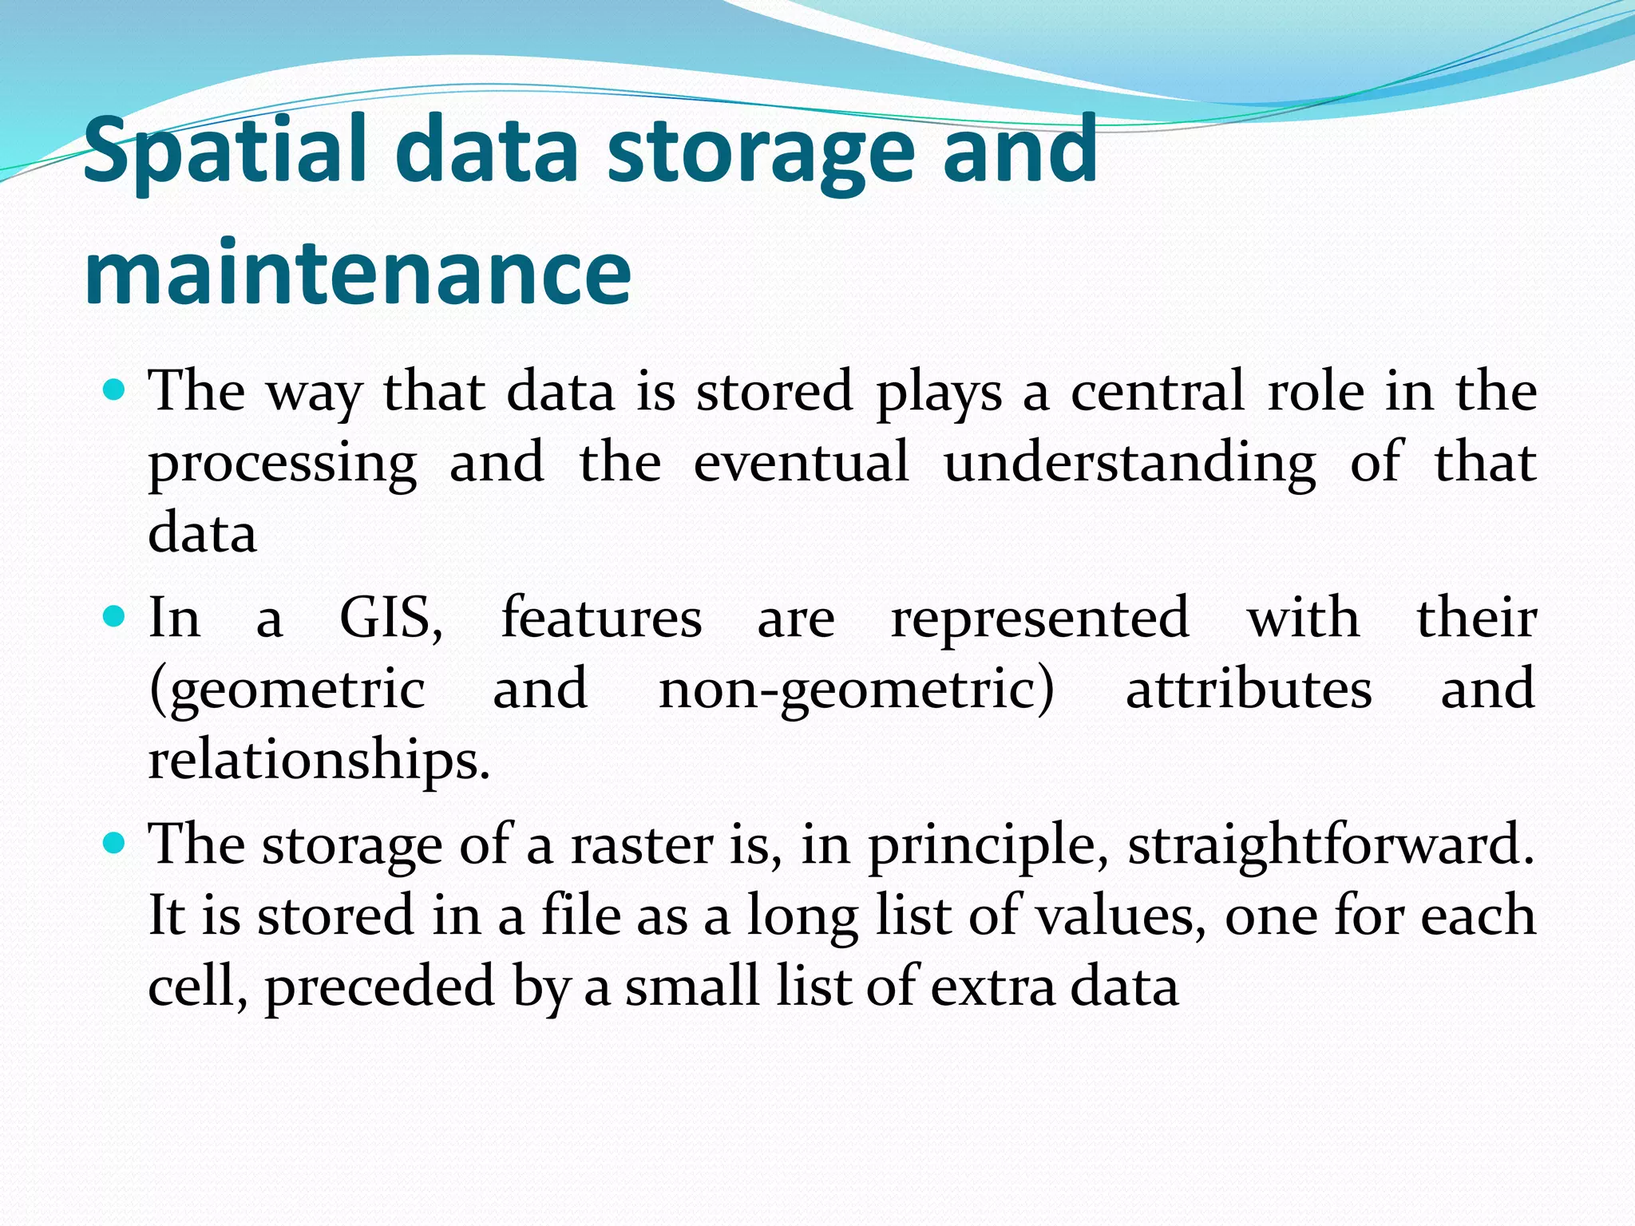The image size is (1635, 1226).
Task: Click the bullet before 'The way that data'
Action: pyautogui.click(x=115, y=390)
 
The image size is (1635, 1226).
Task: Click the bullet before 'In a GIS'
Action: pyautogui.click(x=115, y=617)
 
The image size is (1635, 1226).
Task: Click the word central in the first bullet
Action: pyautogui.click(x=1157, y=391)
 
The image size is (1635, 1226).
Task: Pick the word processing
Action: pyautogui.click(x=283, y=464)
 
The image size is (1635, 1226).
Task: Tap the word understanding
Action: pyautogui.click(x=1130, y=464)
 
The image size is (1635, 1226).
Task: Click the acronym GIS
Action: pyautogui.click(x=390, y=618)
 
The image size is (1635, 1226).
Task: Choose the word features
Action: pyautogui.click(x=601, y=618)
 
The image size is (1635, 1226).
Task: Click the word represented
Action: pyautogui.click(x=1040, y=618)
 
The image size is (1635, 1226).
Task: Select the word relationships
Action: pyautogui.click(x=319, y=760)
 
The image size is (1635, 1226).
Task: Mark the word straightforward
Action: pyautogui.click(x=1330, y=846)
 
